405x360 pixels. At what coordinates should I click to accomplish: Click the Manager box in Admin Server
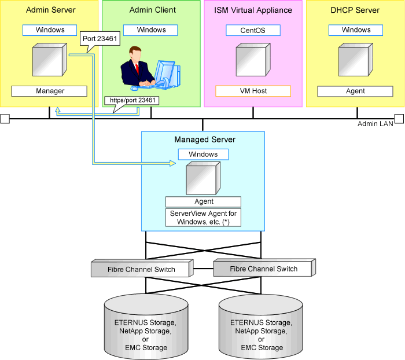(50, 91)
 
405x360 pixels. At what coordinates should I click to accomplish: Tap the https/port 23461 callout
(132, 100)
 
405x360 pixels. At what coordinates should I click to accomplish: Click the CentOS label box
(253, 30)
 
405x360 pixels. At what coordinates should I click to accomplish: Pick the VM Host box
(253, 91)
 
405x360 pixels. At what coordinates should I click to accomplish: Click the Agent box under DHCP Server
(355, 91)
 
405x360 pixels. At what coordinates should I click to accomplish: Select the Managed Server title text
(205, 140)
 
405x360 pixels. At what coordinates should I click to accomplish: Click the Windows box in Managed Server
(203, 155)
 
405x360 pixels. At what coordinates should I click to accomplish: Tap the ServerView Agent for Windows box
(203, 217)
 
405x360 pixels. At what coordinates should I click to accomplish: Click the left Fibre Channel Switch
(141, 269)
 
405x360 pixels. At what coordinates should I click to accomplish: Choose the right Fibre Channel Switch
(264, 269)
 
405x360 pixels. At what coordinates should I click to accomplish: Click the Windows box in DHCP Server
(355, 30)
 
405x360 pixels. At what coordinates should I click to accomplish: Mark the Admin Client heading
(153, 10)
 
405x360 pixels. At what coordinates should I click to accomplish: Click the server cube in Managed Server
(202, 178)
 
